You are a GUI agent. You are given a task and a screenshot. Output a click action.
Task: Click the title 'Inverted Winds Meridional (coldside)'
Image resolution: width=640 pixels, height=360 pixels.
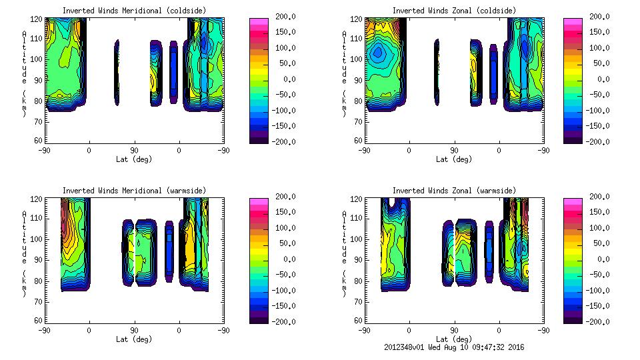pos(134,11)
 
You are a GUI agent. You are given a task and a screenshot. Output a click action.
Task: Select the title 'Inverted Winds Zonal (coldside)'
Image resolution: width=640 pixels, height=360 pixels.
pos(454,11)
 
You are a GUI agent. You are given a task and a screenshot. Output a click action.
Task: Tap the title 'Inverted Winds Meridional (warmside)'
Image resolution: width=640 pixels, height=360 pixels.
pos(134,191)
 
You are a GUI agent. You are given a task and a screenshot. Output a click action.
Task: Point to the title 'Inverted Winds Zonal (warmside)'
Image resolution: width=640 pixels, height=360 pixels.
pos(454,191)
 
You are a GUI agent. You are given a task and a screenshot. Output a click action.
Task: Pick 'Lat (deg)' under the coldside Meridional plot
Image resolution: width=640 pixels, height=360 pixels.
pos(134,159)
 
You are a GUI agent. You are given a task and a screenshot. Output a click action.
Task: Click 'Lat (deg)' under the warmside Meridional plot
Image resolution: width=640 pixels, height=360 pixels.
pos(134,339)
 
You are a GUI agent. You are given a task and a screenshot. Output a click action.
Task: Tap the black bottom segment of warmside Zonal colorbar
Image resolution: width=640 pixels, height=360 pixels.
pos(573,319)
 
